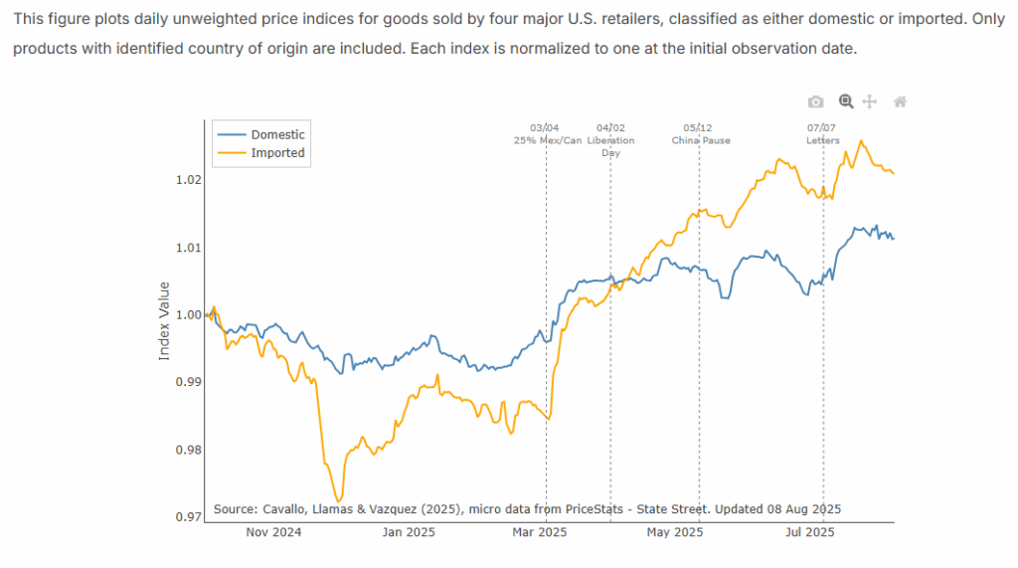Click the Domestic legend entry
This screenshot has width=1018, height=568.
(x=277, y=134)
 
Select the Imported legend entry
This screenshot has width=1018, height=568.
(x=277, y=153)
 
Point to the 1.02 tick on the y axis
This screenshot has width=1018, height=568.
(x=189, y=180)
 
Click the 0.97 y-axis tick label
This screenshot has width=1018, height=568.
(x=189, y=516)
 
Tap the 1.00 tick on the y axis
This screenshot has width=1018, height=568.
(x=189, y=314)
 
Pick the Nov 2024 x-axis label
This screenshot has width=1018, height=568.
(x=272, y=532)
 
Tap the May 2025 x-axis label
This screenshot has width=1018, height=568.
(x=674, y=532)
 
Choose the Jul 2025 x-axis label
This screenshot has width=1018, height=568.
(x=806, y=532)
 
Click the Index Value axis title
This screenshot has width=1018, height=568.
(x=165, y=320)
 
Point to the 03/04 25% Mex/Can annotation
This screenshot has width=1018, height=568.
(x=546, y=134)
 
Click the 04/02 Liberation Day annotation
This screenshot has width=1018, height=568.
(x=610, y=139)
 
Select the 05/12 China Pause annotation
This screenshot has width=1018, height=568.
(x=699, y=134)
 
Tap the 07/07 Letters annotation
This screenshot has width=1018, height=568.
(x=822, y=134)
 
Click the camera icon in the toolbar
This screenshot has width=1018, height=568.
(x=815, y=101)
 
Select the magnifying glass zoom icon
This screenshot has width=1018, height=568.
(x=845, y=101)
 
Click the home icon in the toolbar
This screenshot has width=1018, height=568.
(x=900, y=101)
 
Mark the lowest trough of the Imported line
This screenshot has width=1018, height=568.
(x=339, y=500)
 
